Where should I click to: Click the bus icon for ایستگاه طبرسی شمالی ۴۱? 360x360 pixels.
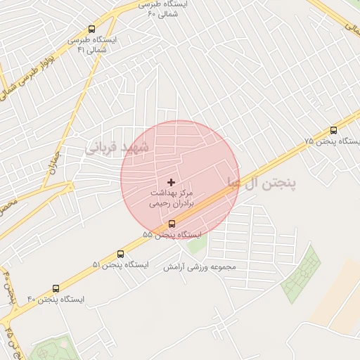[91, 29]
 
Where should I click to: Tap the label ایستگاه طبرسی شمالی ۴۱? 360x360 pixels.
[91, 45]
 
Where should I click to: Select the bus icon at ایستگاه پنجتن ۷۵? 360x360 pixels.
[333, 130]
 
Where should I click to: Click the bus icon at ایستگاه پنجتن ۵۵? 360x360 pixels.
[172, 224]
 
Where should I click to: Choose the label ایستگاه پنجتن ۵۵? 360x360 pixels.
[172, 234]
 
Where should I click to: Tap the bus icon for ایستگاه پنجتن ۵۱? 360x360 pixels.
[120, 254]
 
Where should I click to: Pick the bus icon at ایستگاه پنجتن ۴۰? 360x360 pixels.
[56, 288]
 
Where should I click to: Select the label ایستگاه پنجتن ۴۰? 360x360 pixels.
[56, 299]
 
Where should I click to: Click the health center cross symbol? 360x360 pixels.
[171, 182]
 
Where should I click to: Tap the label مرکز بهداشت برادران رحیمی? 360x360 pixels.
[170, 197]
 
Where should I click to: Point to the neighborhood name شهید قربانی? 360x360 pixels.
[117, 147]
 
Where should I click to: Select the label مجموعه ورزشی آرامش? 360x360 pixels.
[200, 266]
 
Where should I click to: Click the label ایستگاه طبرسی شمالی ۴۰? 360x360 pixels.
[167, 9]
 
